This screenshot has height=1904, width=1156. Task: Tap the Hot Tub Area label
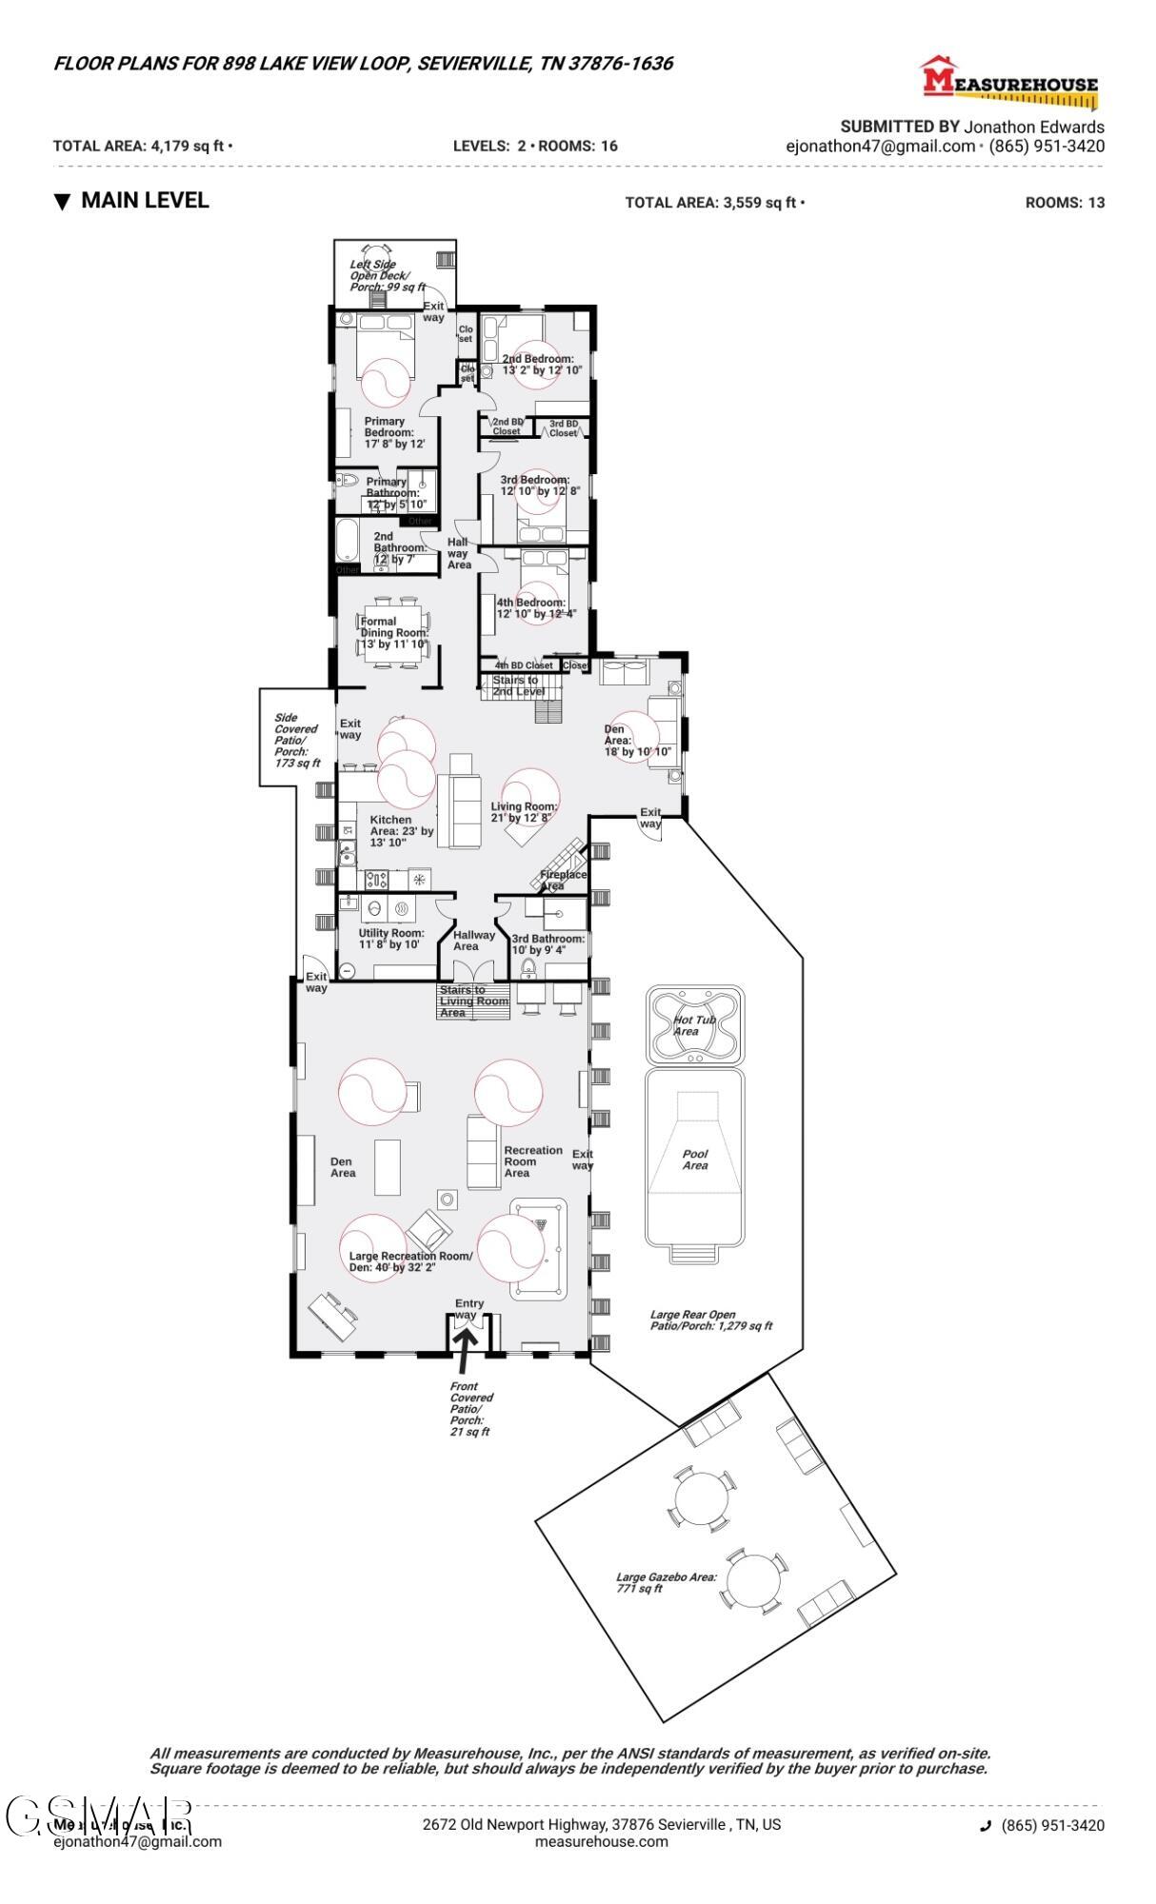pyautogui.click(x=694, y=1025)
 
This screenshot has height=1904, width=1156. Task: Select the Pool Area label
pyautogui.click(x=695, y=1160)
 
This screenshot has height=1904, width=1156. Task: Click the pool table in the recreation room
pyautogui.click(x=538, y=1249)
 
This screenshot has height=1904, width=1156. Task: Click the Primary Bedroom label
pyautogui.click(x=389, y=432)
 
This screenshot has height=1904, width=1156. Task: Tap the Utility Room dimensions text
pyautogui.click(x=389, y=944)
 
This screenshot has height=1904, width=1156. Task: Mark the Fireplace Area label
pyautogui.click(x=564, y=880)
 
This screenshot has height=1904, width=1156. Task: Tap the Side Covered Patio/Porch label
pyautogui.click(x=296, y=740)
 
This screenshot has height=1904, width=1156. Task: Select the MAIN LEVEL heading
pyautogui.click(x=145, y=201)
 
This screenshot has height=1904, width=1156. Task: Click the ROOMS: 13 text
pyautogui.click(x=1065, y=203)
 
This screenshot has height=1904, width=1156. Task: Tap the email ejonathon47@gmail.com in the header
pyautogui.click(x=880, y=147)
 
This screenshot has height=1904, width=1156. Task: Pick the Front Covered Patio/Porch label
pyautogui.click(x=471, y=1409)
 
